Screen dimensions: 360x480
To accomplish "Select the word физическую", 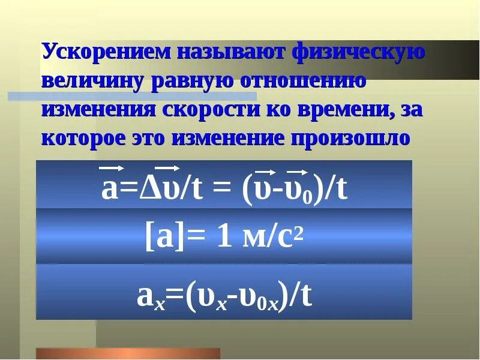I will coord(359,53).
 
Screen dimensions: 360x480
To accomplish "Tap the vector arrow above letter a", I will coord(111,169).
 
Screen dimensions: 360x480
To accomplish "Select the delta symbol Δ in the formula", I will coord(145,190).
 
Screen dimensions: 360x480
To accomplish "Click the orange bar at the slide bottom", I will coord(128,354).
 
